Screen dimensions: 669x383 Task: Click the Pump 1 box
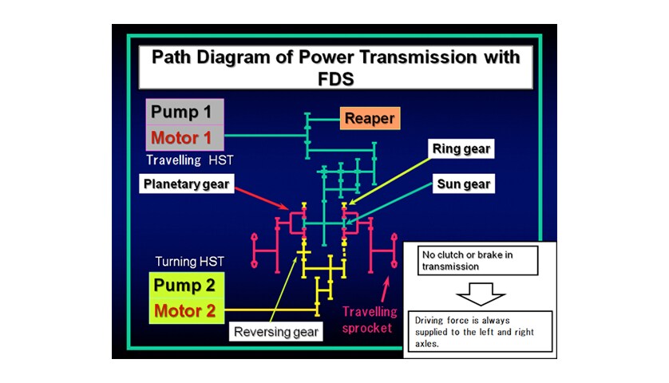pos(184,113)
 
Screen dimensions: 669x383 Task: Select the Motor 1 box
pos(184,138)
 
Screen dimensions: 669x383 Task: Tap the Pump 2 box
pos(187,286)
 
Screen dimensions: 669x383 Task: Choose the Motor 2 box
pos(187,311)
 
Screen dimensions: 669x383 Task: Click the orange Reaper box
pos(370,118)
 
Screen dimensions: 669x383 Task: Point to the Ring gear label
pos(461,148)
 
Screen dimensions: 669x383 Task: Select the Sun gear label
pos(464,184)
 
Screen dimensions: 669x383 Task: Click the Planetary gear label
pos(187,184)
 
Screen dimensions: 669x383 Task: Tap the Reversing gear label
pos(276,332)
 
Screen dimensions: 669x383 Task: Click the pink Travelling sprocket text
pos(370,319)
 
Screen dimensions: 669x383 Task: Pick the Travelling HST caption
pos(190,160)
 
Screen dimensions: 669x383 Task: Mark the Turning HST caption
pos(189,262)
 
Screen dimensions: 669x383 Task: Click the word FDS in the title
pos(336,79)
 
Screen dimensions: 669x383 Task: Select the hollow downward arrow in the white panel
pos(481,294)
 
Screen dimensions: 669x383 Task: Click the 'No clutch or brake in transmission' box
pos(477,261)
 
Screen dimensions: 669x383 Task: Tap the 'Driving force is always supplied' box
pos(480,331)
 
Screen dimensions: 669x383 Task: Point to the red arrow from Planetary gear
pos(262,199)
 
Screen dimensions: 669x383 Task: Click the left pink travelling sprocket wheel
pos(255,251)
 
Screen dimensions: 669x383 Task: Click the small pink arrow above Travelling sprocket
pos(386,290)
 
